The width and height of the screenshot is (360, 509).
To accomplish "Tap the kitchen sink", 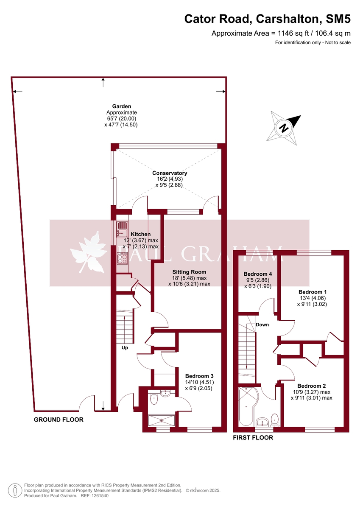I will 123,229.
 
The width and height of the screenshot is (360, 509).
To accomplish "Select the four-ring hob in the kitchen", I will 123,258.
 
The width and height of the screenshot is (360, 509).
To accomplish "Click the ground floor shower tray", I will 161,420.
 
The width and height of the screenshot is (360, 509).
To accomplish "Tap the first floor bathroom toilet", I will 274,419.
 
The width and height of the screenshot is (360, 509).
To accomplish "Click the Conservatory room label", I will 170,173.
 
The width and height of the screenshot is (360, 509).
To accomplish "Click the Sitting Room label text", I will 189,272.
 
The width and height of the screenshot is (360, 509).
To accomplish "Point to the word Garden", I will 121,106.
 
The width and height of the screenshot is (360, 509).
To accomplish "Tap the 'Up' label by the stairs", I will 125,347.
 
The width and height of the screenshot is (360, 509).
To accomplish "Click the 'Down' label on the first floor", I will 262,324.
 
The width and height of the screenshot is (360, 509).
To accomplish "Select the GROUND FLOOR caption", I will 59,420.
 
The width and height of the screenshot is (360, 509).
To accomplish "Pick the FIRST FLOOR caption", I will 253,437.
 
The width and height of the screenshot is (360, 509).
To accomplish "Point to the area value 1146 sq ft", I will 291,33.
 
